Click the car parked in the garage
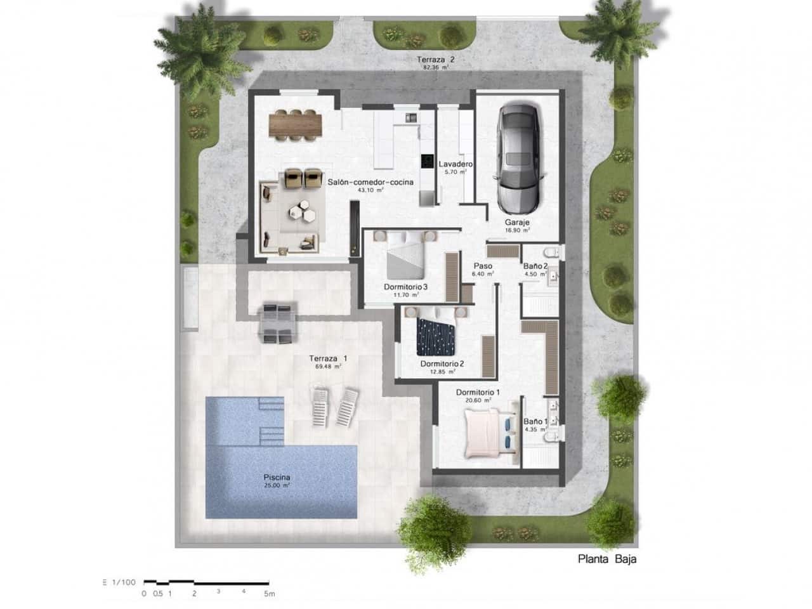(x=518, y=159)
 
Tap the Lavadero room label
(x=454, y=164)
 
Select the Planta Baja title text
(x=607, y=559)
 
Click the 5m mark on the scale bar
(x=270, y=594)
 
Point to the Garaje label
(x=517, y=223)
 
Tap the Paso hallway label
(x=483, y=266)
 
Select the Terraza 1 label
(x=328, y=358)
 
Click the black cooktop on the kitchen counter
(x=426, y=162)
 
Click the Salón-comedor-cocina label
(x=370, y=182)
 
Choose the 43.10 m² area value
(x=371, y=190)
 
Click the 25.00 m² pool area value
(x=277, y=485)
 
